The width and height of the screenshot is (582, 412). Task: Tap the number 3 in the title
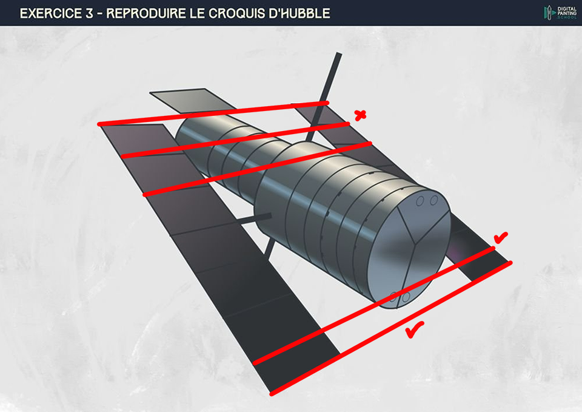(x=93, y=13)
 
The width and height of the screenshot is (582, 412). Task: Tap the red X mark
(x=360, y=115)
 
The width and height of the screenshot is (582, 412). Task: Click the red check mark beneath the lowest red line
(x=414, y=330)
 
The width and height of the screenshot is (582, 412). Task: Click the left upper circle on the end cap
(x=420, y=201)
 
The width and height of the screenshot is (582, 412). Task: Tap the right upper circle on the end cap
(x=434, y=200)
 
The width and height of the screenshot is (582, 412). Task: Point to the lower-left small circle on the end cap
(x=393, y=297)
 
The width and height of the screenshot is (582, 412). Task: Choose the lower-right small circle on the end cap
(x=406, y=297)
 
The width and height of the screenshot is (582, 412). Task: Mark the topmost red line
(x=212, y=113)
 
